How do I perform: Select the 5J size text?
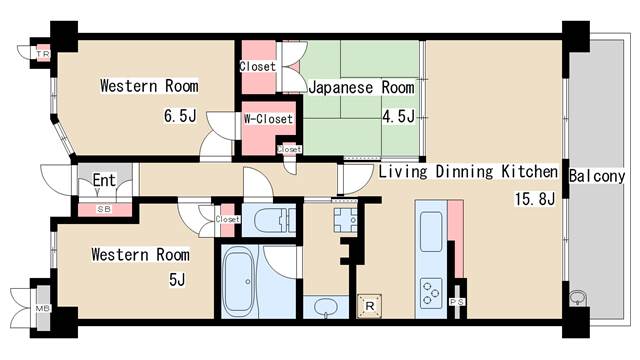176,280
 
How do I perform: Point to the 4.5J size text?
397,115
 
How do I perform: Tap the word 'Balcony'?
597,176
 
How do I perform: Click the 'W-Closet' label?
268,119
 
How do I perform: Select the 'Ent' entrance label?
104,181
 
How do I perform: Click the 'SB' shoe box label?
103,209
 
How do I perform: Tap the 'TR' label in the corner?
44,53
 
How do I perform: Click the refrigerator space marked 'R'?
370,304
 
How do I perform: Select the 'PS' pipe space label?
457,302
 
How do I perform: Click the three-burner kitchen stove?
431,294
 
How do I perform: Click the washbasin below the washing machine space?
325,307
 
